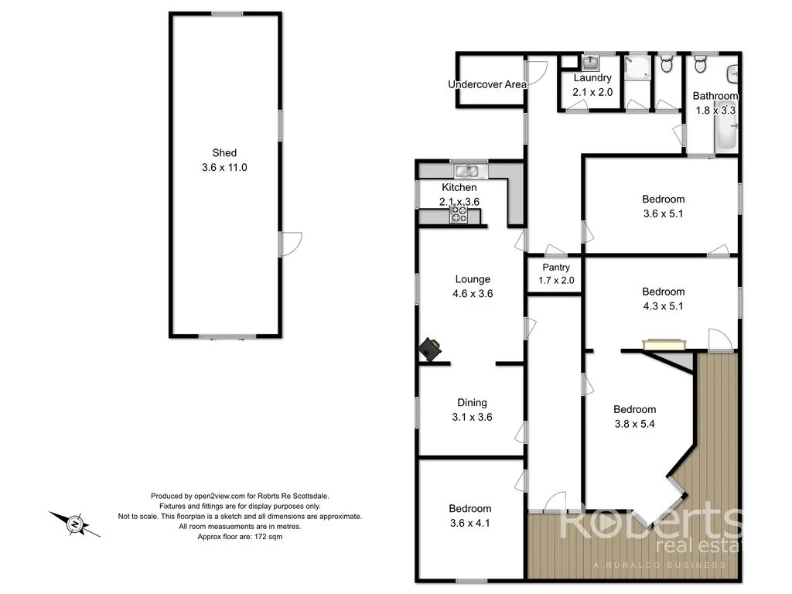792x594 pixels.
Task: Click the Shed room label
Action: point(224,153)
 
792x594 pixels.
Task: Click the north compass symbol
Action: point(75,524)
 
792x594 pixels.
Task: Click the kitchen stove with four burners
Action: point(459,214)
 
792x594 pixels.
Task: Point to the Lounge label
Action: point(473,279)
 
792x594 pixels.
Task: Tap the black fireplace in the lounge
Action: point(430,350)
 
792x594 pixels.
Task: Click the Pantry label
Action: point(556,268)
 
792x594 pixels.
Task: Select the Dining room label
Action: point(472,402)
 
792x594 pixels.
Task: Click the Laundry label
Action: point(592,78)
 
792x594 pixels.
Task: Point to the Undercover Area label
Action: point(487,84)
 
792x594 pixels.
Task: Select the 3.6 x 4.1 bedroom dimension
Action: point(470,523)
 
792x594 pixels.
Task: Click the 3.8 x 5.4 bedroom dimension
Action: point(634,424)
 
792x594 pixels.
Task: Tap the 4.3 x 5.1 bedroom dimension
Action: point(664,306)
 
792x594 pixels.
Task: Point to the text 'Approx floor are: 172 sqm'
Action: point(240,536)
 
